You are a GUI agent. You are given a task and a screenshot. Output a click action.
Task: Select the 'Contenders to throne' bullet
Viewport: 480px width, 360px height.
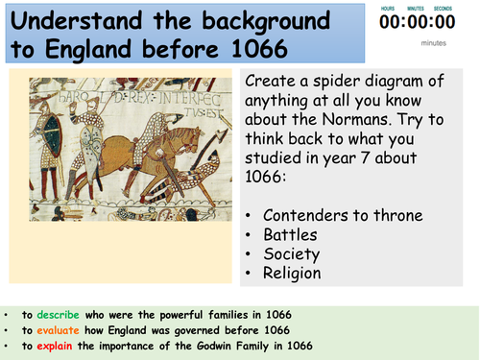click(x=337, y=215)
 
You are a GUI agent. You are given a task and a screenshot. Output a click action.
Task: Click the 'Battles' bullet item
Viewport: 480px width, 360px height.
click(x=297, y=233)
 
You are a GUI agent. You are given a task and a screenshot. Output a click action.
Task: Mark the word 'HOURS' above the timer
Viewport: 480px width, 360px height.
click(x=389, y=9)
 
